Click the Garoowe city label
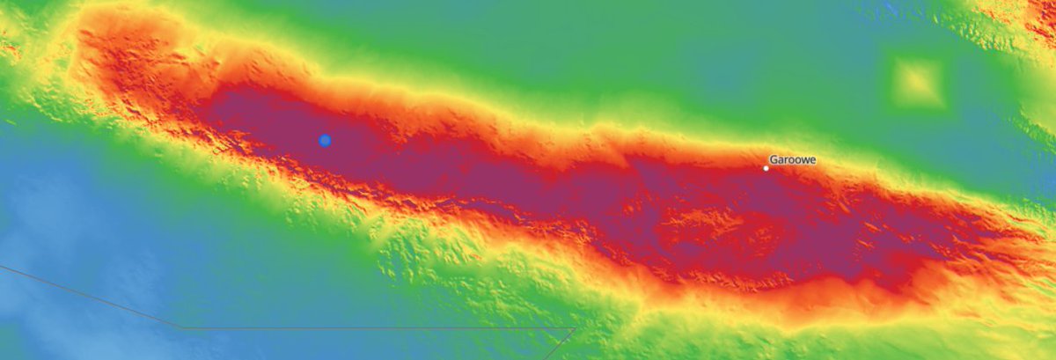click(x=792, y=160)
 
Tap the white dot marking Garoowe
click(x=766, y=168)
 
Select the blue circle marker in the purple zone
click(x=325, y=140)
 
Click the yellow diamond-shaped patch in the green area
click(x=918, y=83)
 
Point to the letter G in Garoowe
click(x=774, y=160)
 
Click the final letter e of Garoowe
click(x=812, y=160)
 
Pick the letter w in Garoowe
click(x=804, y=160)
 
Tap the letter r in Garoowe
click(x=785, y=160)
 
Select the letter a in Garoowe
click(x=780, y=160)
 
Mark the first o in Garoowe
click(x=790, y=160)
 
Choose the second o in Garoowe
click(x=796, y=160)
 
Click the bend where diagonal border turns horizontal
click(x=183, y=327)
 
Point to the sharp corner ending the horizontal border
click(x=575, y=328)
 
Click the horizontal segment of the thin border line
click(x=378, y=328)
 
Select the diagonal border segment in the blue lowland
click(x=88, y=296)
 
